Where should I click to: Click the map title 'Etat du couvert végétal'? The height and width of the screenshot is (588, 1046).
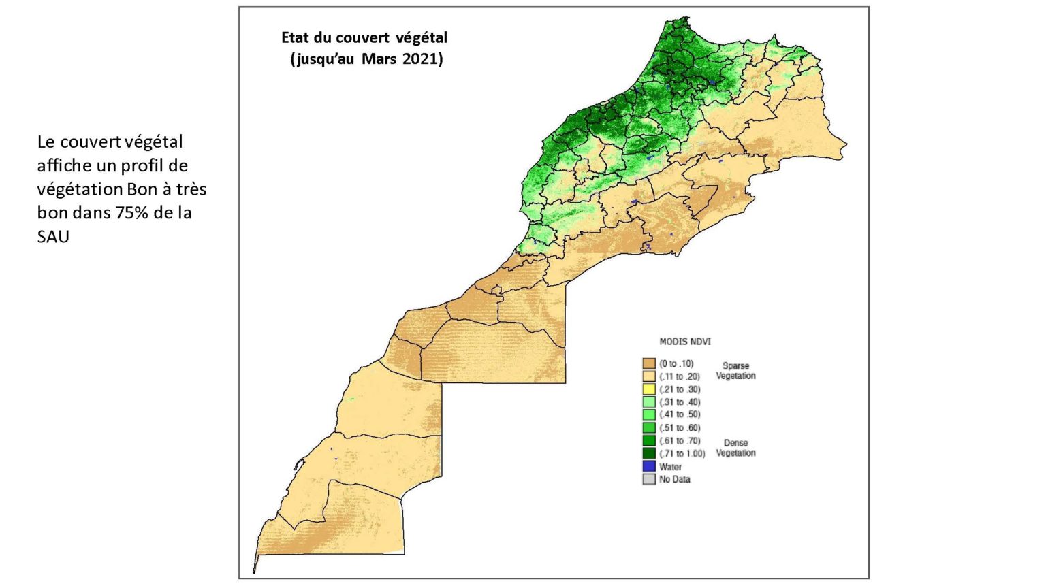coord(364,37)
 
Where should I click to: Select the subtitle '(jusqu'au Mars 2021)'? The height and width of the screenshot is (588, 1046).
coord(366,59)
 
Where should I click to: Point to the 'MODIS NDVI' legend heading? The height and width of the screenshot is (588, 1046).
coord(684,341)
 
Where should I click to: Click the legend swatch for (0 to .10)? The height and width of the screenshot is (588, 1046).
coord(649,363)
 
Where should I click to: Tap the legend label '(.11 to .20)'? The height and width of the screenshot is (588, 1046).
coord(679,376)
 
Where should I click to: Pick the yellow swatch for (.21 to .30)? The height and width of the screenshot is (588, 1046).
coord(649,389)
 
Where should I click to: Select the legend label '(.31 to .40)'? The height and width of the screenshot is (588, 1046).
coord(679,402)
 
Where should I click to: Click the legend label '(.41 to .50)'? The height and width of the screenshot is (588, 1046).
coord(679,414)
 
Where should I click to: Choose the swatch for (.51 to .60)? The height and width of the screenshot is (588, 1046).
coord(649,427)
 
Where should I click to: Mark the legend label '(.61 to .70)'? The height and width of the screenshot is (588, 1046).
coord(679,441)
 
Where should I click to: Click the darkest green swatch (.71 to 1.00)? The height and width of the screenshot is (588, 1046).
coord(649,453)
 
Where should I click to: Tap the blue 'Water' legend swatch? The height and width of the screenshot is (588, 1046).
coord(649,467)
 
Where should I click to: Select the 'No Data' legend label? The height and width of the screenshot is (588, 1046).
coord(674,479)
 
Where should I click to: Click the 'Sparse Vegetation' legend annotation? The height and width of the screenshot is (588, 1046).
coord(735,371)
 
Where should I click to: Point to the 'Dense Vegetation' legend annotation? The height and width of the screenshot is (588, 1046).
coord(735,448)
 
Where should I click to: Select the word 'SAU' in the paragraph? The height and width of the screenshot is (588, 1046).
coord(53,236)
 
